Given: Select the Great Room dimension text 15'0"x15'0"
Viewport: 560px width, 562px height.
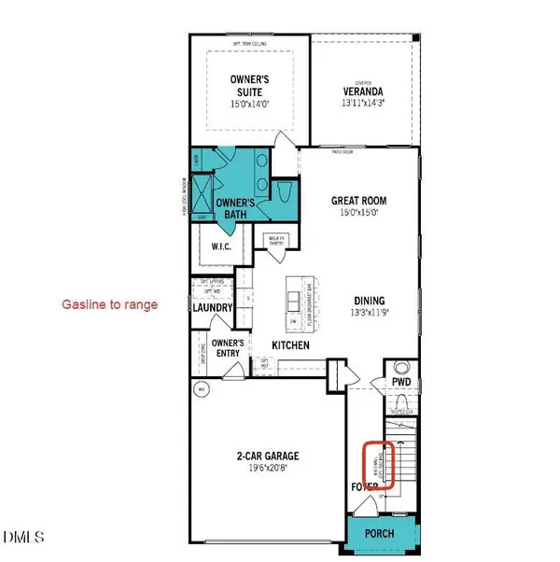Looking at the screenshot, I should (358, 213).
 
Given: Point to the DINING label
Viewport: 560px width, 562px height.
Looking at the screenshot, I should (369, 301).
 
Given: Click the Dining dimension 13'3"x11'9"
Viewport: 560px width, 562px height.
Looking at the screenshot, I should (370, 313).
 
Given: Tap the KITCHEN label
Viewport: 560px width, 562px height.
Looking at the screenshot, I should (289, 345).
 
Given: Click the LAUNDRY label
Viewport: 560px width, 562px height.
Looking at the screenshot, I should (212, 306).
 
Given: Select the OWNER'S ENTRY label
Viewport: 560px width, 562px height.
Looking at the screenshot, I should (228, 348).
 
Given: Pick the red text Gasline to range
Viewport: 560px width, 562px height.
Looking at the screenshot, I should (109, 304).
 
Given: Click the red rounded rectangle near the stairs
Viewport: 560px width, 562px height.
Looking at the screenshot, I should (379, 462).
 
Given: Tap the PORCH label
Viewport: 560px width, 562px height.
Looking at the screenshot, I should (378, 533).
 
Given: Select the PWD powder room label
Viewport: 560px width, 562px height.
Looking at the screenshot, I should (400, 382).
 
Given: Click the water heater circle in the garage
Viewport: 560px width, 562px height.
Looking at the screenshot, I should (199, 388).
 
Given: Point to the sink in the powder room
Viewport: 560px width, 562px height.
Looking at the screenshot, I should (402, 366).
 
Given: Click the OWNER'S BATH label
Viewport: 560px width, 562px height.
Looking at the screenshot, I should (236, 208).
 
